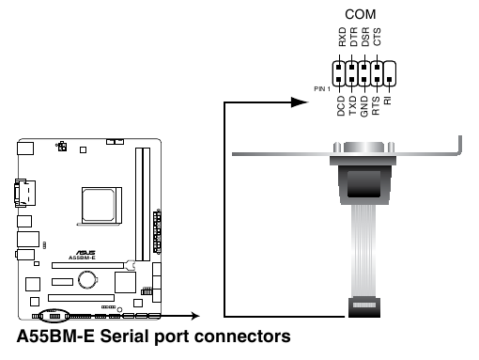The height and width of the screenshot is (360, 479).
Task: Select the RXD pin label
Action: pyautogui.click(x=341, y=38)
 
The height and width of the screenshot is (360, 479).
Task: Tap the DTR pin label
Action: pyautogui.click(x=352, y=38)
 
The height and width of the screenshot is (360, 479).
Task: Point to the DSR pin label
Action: pyautogui.click(x=364, y=38)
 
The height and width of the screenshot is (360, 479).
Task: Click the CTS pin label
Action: pyautogui.click(x=377, y=38)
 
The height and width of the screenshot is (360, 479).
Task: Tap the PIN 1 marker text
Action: pyautogui.click(x=322, y=87)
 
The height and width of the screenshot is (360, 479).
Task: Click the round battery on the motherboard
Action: pyautogui.click(x=90, y=278)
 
